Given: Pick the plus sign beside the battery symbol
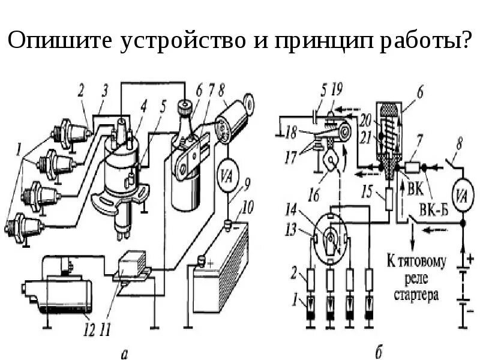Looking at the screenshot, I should point(470,260).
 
